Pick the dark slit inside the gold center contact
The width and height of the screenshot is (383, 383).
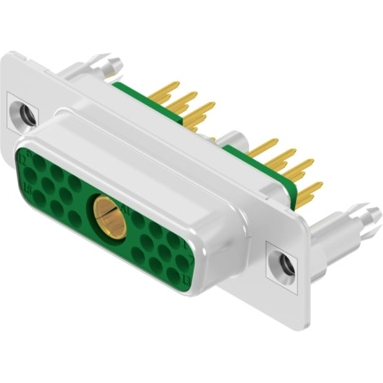click(x=107, y=216)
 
